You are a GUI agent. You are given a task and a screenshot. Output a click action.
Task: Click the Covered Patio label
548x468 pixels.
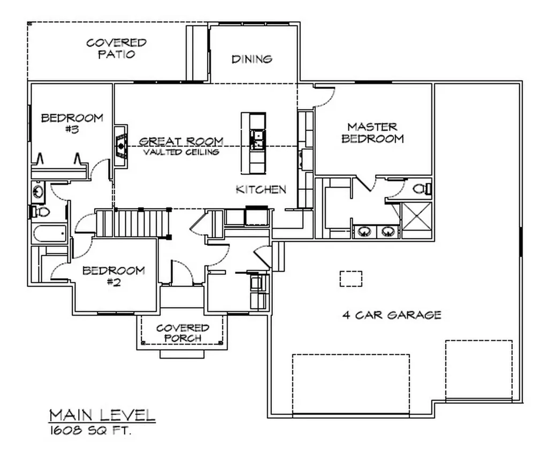116,48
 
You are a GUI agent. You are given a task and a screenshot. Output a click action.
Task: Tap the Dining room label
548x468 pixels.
252,59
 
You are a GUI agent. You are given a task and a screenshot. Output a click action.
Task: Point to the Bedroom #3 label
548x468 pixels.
72,123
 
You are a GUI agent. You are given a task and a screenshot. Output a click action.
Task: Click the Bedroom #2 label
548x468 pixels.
113,276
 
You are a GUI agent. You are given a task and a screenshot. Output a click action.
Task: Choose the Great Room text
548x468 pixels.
181,142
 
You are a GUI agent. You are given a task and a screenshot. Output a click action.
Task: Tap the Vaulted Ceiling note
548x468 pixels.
181,152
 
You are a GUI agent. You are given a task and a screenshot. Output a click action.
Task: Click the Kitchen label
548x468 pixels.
261,189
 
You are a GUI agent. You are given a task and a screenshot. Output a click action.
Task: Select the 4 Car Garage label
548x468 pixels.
392,315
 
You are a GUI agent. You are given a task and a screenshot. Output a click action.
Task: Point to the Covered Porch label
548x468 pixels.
182,333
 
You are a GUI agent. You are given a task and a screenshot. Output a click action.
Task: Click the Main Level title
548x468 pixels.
102,415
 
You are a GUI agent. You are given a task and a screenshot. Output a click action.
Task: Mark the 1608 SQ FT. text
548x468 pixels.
90,430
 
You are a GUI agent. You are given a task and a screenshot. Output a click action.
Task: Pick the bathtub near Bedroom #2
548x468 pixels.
49,234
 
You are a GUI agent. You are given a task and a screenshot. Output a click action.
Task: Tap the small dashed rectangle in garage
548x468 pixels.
351,279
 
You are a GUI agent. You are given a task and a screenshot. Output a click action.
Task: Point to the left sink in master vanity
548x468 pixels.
365,232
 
